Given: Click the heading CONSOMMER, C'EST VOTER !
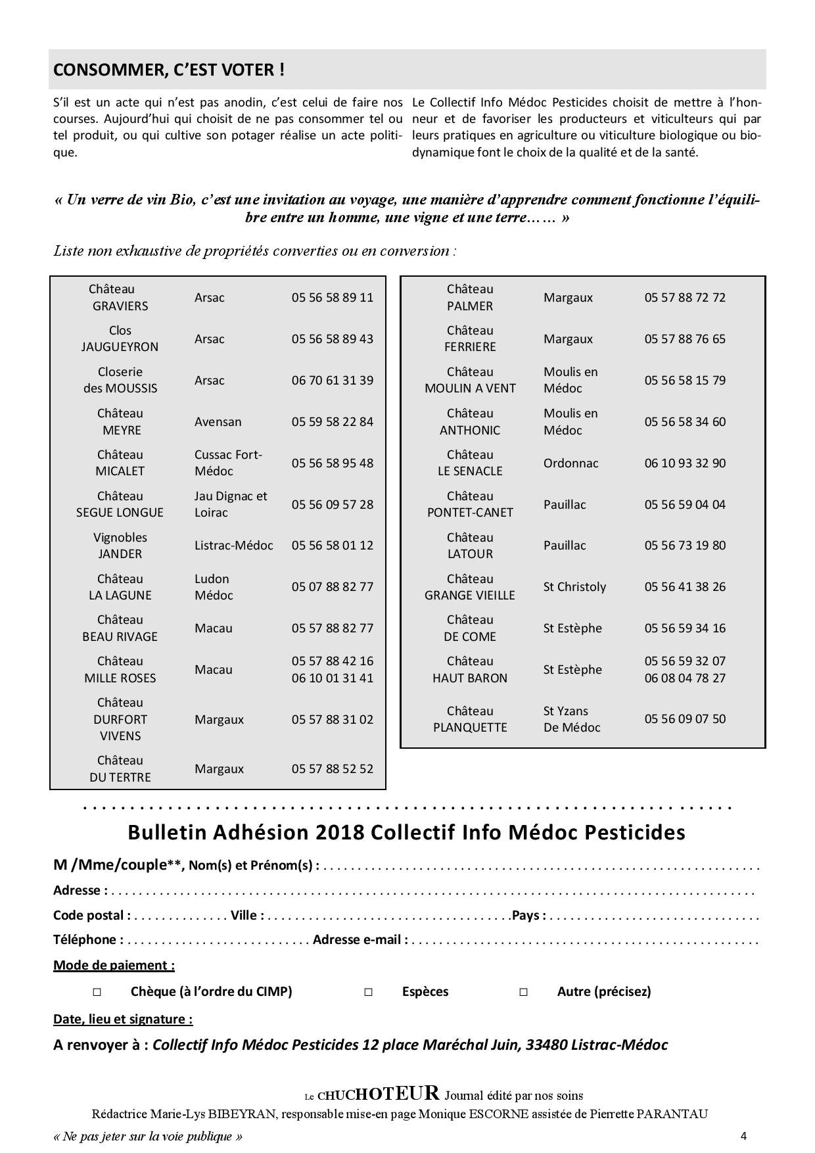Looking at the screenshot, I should [169, 70].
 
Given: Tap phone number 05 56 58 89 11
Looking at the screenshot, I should [332, 297].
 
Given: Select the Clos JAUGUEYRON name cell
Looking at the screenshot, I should [120, 339].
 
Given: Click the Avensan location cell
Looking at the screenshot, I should [218, 421].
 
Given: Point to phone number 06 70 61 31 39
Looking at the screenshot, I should [332, 380].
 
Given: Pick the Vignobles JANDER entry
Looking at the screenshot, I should [120, 546].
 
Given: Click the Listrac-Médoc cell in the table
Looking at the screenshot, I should [233, 545].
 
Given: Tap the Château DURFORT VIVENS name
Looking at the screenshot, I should [120, 719].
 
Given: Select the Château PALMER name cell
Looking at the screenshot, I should [469, 297].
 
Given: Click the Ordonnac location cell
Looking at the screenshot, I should [570, 463].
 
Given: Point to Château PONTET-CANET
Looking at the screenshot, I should [469, 504].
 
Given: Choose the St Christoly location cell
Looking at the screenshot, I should [574, 586].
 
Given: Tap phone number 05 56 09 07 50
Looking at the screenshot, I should [685, 718].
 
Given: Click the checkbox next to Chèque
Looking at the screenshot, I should [97, 992].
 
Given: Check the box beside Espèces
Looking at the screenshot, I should [368, 992].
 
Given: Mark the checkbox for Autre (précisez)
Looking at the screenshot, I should [523, 992].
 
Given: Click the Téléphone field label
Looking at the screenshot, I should [87, 939].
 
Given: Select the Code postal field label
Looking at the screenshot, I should [91, 915].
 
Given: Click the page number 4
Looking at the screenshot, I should [743, 1136].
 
